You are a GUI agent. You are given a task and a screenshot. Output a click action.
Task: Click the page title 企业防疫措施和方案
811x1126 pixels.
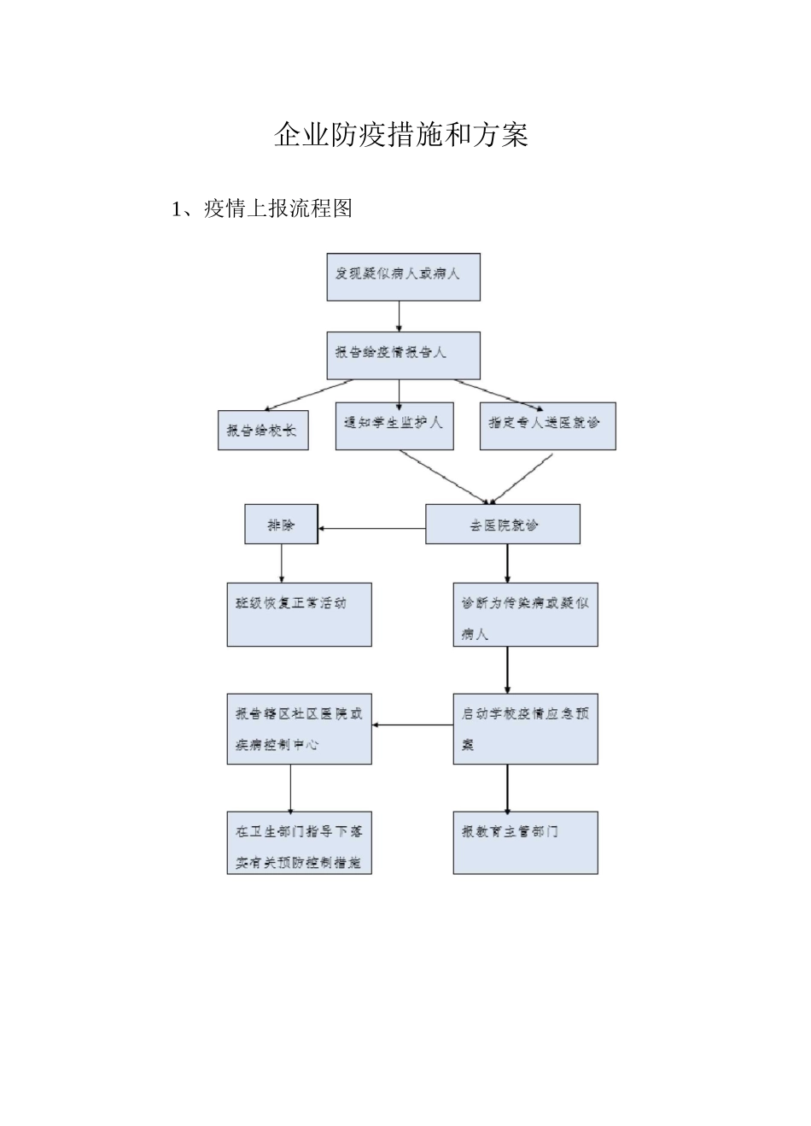401,135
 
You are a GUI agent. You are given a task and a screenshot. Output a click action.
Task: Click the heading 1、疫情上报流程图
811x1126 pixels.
262,208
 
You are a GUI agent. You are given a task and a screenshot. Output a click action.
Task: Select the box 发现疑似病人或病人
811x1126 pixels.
403,277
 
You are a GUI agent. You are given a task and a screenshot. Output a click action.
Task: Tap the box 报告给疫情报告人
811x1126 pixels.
403,355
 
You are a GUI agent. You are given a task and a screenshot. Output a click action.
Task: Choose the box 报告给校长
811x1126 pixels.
262,431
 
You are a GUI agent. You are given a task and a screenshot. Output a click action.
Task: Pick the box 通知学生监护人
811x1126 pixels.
394,425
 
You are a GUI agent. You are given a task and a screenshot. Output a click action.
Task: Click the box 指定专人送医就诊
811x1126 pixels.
547,425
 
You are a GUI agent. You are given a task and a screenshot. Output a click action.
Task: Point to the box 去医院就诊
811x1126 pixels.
503,524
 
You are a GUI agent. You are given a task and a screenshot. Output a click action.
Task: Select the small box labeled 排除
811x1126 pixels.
281,524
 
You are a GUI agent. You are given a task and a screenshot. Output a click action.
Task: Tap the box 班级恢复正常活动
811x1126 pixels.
299,614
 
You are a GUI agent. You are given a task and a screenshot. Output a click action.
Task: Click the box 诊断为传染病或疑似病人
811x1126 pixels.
525,614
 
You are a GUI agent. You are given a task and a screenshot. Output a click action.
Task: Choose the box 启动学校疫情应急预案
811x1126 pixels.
525,728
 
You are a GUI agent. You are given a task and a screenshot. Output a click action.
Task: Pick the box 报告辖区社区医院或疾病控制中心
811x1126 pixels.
299,728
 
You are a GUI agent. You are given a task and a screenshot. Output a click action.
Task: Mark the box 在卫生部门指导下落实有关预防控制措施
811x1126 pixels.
299,843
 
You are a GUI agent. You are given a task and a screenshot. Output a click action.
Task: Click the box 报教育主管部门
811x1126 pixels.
525,843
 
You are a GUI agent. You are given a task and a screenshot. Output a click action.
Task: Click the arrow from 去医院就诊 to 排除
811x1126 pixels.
371,529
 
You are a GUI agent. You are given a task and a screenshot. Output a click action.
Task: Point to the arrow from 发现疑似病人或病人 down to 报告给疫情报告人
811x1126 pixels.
400,316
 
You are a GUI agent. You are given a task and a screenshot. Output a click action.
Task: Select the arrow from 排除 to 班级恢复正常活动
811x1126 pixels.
282,564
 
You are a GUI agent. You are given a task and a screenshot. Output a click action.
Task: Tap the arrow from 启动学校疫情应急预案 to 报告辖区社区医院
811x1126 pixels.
412,726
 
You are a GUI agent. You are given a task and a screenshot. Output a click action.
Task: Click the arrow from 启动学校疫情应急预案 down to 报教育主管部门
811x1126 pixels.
508,788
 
